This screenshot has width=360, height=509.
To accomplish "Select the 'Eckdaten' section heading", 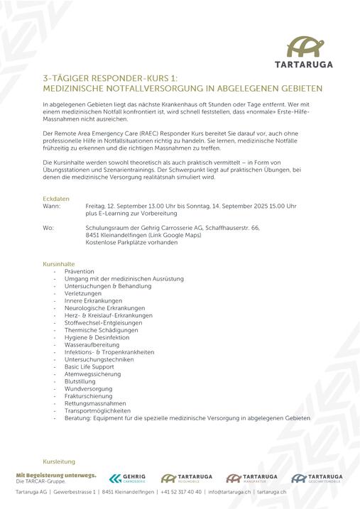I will tap(56, 198).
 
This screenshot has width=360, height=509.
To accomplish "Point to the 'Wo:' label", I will tap(48, 228).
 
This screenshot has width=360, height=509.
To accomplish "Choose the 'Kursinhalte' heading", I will tap(59, 264).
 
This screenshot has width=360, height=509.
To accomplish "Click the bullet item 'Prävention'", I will tap(79, 272).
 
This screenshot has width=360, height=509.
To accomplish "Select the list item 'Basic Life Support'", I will tap(89, 367).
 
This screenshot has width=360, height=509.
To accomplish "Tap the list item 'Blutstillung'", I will tap(80, 381).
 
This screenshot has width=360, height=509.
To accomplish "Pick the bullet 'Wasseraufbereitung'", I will tap(92, 345).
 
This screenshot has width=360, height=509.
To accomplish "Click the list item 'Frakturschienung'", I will tap(87, 396).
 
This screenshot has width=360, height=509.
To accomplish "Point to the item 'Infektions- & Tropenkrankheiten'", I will tap(109, 352).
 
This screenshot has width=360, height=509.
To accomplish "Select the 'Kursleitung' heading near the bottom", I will tap(59, 461).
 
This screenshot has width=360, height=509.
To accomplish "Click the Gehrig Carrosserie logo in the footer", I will tap(127, 478).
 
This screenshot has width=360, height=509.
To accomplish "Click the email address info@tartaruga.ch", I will tap(229, 491).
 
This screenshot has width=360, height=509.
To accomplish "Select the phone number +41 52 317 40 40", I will tap(182, 491).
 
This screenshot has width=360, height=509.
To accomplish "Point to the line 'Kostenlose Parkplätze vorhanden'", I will tap(131, 242).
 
